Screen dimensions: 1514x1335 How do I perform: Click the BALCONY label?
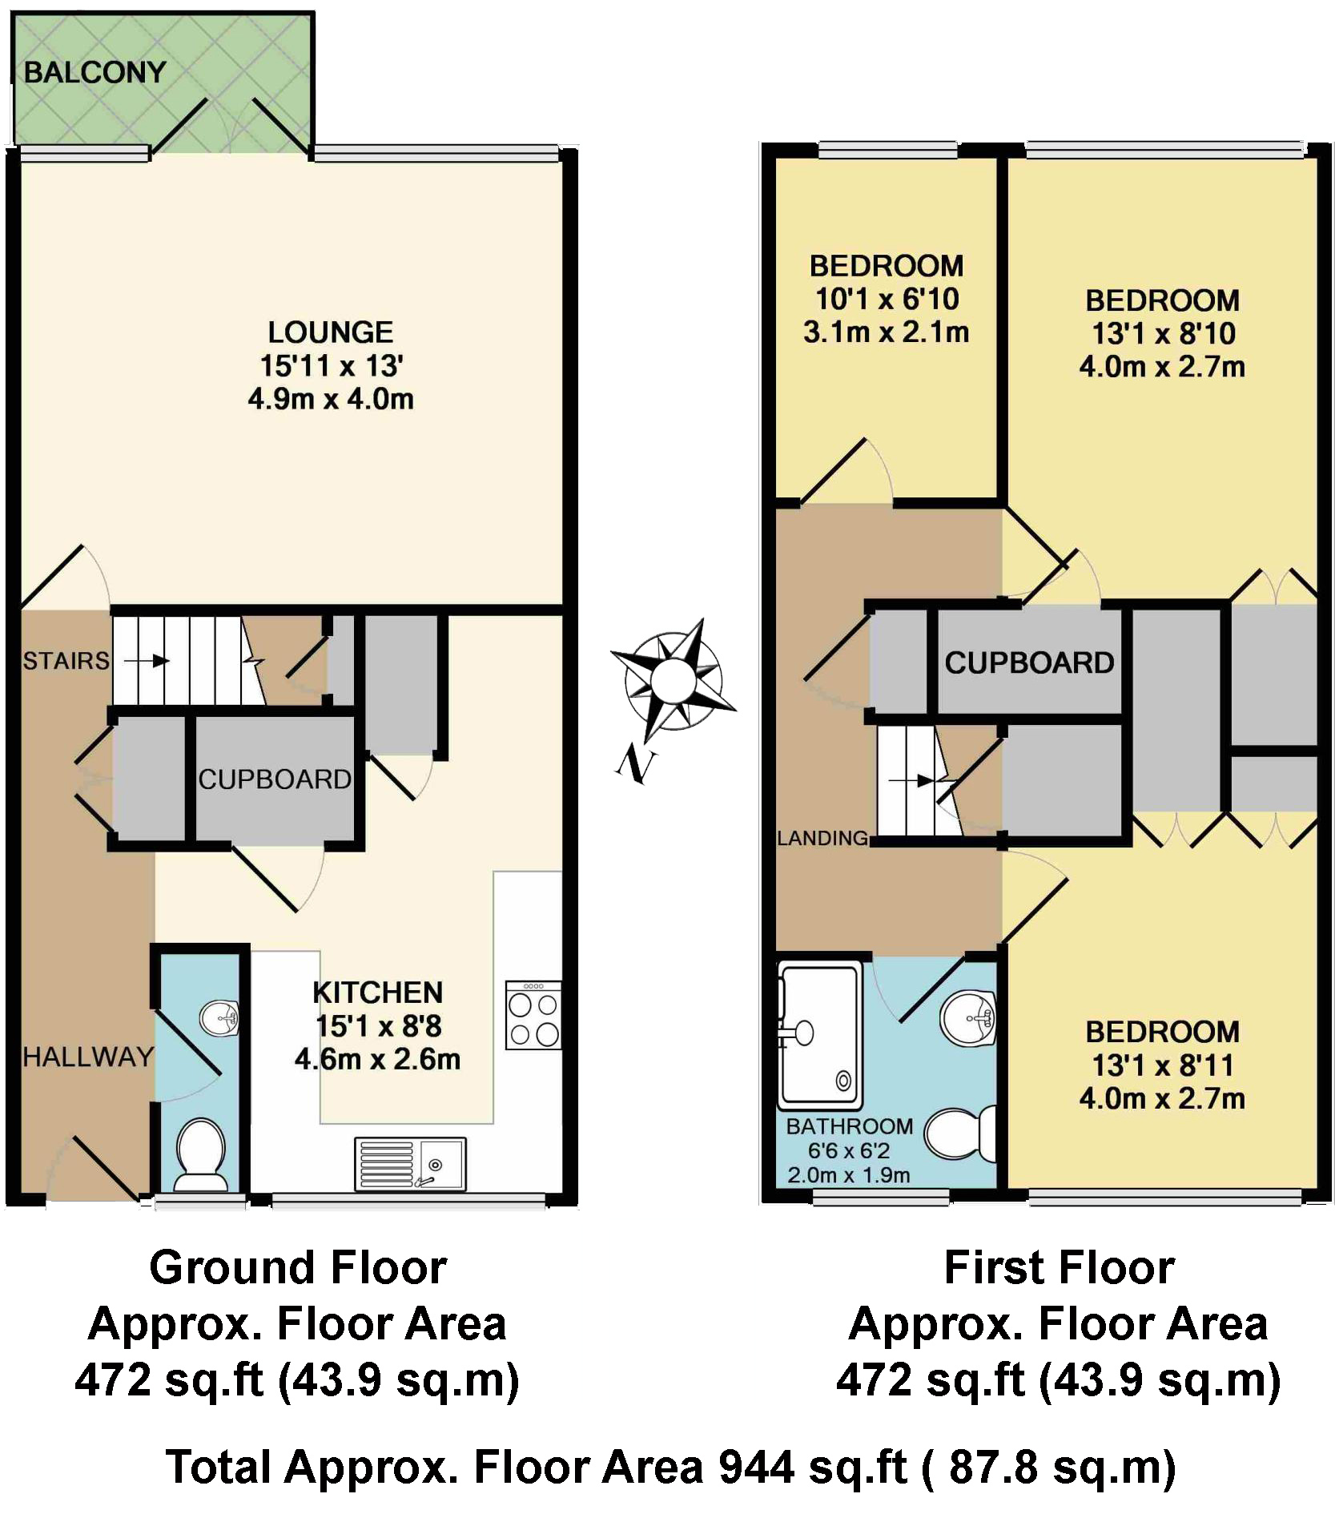[x=94, y=73]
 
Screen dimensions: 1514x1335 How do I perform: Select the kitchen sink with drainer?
[x=410, y=1164]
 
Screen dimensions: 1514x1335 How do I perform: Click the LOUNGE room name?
[x=330, y=332]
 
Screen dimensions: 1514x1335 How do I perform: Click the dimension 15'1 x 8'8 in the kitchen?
[x=378, y=1026]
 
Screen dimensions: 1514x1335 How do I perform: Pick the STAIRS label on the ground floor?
[x=66, y=661]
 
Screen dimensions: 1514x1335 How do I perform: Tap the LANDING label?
[x=822, y=839]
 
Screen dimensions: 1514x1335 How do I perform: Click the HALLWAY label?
[x=87, y=1057]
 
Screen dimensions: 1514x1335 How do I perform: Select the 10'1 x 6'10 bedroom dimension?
[x=887, y=300]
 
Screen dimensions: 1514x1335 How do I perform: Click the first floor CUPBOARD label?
[x=1029, y=663]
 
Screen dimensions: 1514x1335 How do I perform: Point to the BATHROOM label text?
[x=849, y=1126]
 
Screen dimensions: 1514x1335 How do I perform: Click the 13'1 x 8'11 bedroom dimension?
[x=1162, y=1066]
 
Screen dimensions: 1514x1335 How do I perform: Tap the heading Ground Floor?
[x=298, y=1268]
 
